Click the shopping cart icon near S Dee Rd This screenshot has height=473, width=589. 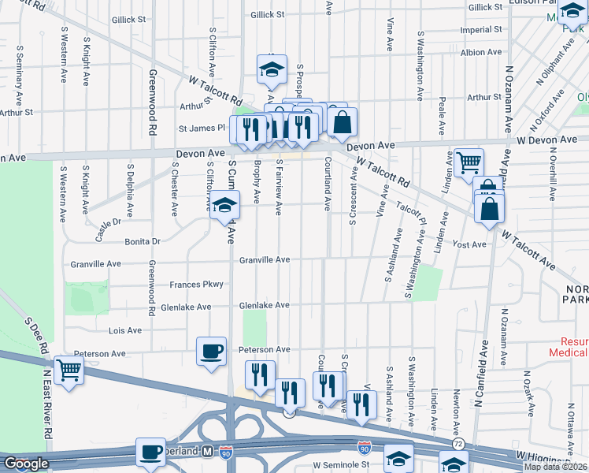click(x=69, y=367)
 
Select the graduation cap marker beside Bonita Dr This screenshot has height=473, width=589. click(x=224, y=207)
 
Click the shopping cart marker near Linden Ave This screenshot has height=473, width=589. click(x=469, y=163)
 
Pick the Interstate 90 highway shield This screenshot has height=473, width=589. click(x=363, y=446)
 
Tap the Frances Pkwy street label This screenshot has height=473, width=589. click(x=203, y=284)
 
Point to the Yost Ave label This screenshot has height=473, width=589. click(x=469, y=245)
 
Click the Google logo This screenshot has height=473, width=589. click(x=26, y=464)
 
